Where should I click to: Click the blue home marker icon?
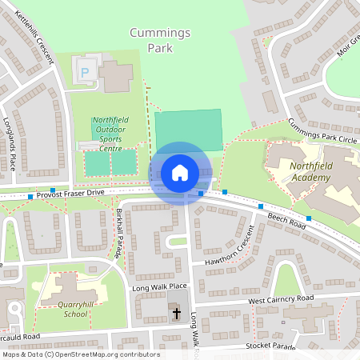pyautogui.click(x=180, y=173)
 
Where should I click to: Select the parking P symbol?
pyautogui.click(x=86, y=72)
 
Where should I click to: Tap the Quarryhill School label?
pyautogui.click(x=63, y=310)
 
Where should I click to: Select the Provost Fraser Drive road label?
pyautogui.click(x=70, y=193)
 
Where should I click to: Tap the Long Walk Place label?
pyautogui.click(x=159, y=286)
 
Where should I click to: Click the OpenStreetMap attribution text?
pyautogui.click(x=80, y=354)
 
